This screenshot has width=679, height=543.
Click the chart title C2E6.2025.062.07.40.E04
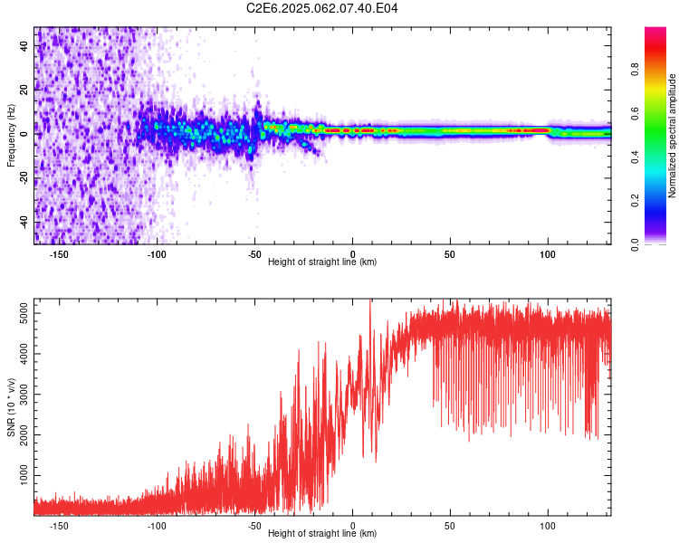[322, 8]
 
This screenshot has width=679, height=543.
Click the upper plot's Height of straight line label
[322, 262]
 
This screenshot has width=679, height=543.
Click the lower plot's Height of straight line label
[322, 533]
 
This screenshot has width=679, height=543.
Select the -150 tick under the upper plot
[60, 254]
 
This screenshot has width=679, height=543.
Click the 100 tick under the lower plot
[548, 525]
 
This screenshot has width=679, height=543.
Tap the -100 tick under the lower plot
[157, 525]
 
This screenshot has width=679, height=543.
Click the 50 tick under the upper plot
[450, 254]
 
